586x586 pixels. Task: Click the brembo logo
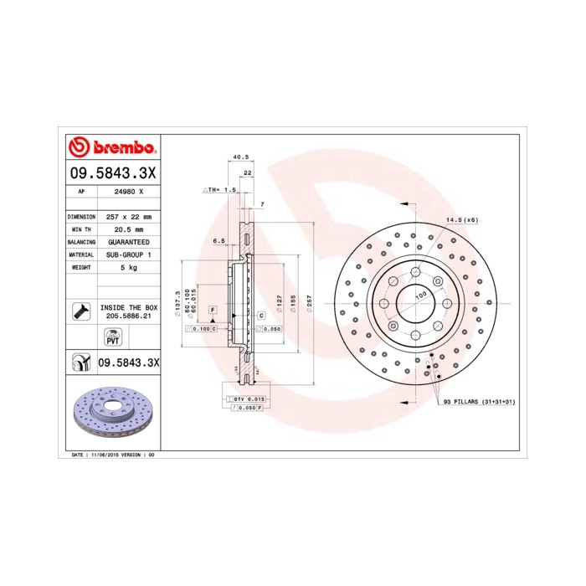111,147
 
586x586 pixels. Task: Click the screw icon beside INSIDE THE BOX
81,312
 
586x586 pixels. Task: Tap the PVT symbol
112,337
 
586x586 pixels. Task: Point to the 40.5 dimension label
241,157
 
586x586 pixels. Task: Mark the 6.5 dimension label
218,241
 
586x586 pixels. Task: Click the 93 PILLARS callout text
480,403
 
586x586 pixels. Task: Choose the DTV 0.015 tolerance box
248,399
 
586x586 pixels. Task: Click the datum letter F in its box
213,310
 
